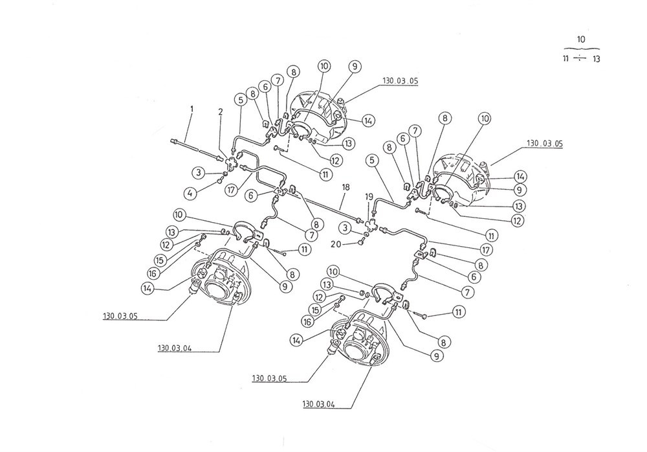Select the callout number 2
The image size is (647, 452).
(220, 111)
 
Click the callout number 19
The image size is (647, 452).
(369, 196)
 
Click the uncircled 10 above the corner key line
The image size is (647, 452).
(581, 40)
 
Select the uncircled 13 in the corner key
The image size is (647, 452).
(596, 59)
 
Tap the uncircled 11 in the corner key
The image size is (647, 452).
(567, 59)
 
